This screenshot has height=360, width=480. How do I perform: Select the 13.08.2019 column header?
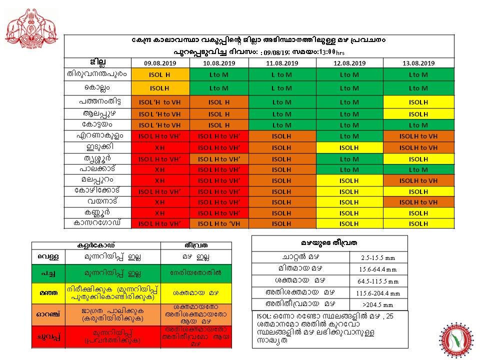[418, 63]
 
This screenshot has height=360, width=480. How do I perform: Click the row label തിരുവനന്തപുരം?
[97, 74]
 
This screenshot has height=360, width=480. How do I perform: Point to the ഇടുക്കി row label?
[97, 147]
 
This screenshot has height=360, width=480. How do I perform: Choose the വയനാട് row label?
[97, 202]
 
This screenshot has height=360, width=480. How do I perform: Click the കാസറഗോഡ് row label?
[97, 223]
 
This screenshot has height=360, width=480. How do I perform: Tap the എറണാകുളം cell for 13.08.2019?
[418, 136]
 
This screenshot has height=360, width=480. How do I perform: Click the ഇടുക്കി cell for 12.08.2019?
[349, 147]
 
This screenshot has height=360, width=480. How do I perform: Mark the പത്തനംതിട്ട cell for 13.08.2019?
[418, 102]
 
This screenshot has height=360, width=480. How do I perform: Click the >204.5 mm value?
[378, 304]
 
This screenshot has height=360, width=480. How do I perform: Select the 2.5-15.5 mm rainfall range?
[378, 258]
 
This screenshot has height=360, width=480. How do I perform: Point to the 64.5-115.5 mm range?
[378, 281]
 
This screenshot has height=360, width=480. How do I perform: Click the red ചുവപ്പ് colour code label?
[49, 336]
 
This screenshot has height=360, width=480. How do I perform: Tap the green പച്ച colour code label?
[49, 273]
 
